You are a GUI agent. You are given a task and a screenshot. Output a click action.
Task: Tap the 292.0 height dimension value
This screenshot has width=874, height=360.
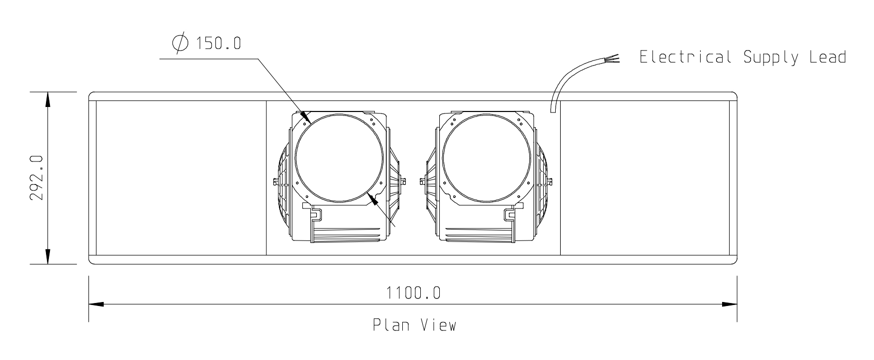pyautogui.click(x=38, y=177)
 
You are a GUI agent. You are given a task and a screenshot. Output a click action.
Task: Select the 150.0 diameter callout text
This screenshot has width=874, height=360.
pyautogui.click(x=218, y=43)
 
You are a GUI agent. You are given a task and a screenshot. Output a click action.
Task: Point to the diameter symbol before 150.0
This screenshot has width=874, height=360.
pyautogui.click(x=180, y=43)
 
